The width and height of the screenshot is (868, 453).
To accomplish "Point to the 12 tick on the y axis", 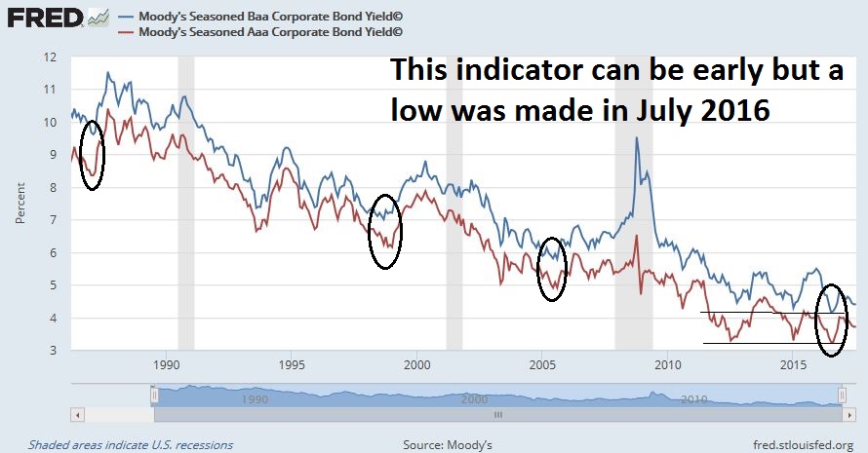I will click(50, 57).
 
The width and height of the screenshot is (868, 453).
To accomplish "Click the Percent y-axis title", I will click(20, 203).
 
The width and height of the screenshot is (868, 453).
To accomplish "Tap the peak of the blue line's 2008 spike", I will click(637, 138).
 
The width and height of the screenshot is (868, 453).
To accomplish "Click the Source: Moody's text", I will click(448, 444).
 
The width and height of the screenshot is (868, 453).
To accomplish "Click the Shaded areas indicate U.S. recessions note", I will click(131, 444).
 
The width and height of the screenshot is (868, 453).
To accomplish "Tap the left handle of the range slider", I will click(153, 395).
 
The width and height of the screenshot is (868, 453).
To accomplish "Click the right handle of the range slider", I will click(842, 395).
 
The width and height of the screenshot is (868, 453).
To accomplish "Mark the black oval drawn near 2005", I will click(552, 269).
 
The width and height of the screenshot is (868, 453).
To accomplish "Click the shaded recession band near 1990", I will click(185, 195).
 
